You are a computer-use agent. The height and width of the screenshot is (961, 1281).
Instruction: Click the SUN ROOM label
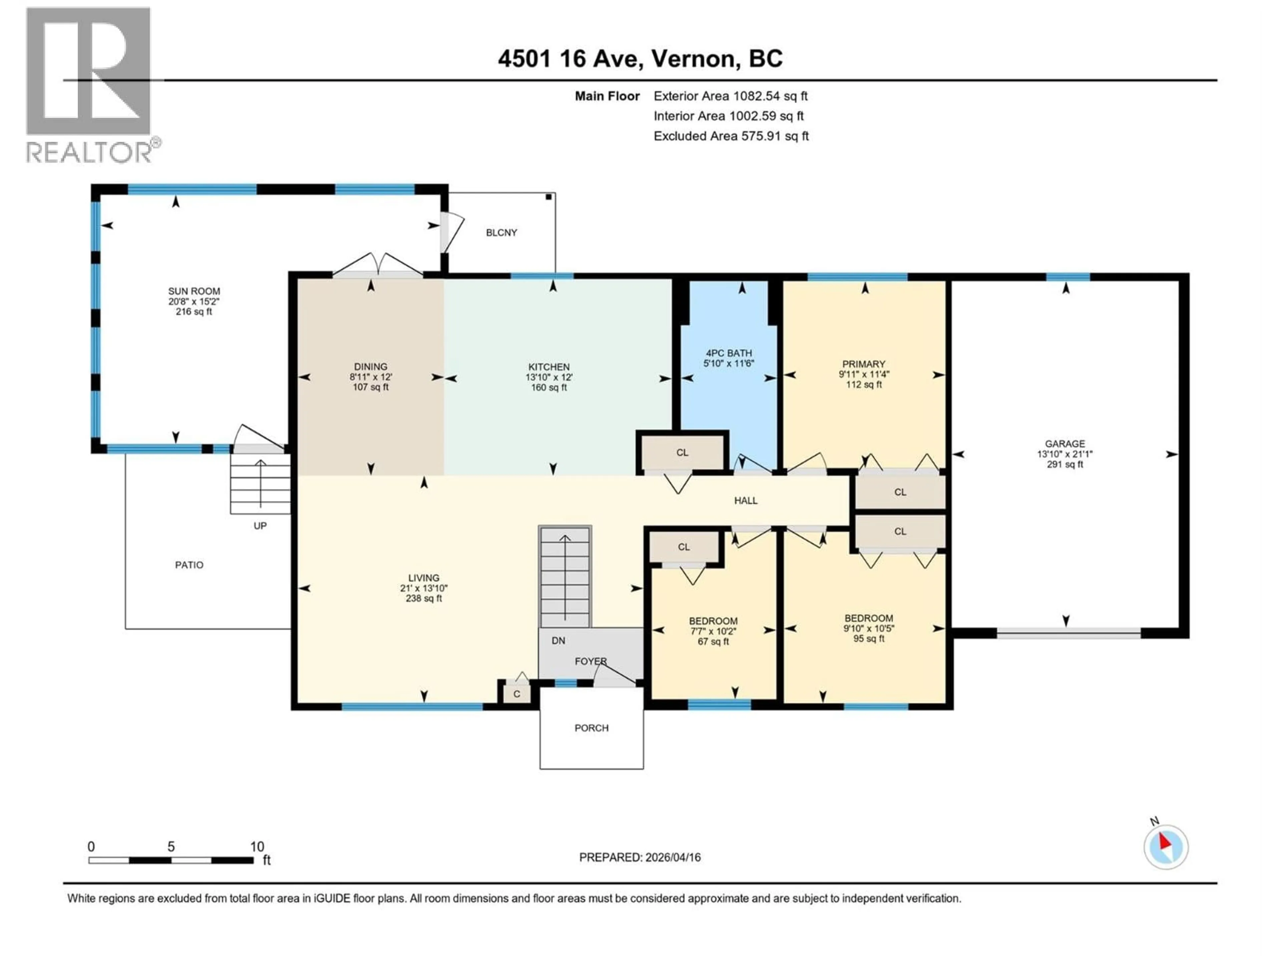(194, 291)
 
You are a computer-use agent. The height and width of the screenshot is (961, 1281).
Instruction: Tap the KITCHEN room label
(548, 367)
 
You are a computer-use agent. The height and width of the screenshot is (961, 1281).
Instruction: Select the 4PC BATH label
(729, 353)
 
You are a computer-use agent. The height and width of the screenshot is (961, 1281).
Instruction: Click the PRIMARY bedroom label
(863, 364)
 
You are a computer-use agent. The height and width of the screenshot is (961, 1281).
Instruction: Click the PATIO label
(189, 565)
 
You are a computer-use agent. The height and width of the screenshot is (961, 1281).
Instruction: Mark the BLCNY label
(501, 232)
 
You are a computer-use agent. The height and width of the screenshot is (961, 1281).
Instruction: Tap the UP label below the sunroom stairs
(260, 526)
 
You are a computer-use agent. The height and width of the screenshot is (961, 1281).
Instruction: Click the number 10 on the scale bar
(257, 846)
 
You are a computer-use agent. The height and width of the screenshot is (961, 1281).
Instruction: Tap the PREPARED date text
(639, 857)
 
